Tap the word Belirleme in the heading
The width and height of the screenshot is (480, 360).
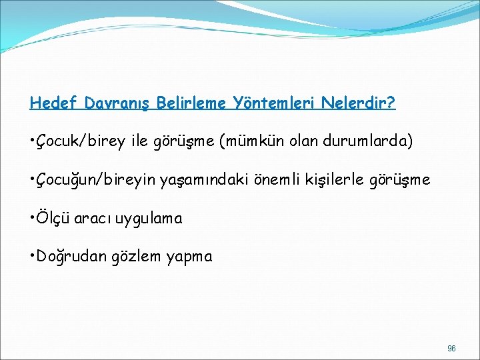coord(194,103)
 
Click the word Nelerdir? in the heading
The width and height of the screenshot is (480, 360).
coord(359,103)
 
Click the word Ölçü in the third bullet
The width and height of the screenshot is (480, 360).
coord(53,218)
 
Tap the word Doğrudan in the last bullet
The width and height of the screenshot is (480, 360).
coord(69,256)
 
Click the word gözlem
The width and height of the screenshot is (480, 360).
coord(138,257)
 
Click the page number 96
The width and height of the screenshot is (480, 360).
coord(451,349)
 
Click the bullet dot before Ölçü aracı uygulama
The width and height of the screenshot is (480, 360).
coord(33,218)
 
